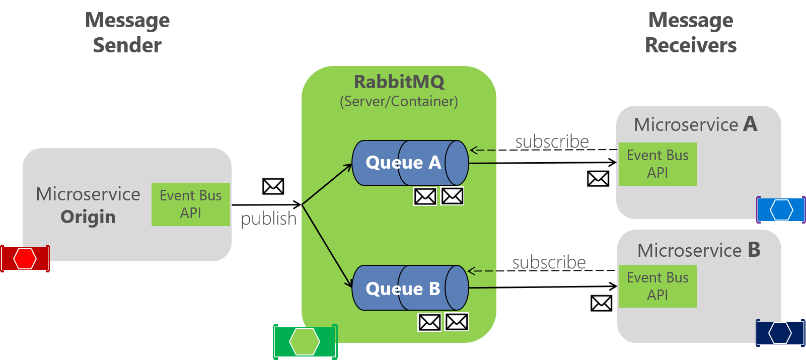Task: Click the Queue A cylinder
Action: coord(410,163)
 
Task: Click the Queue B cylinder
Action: coord(410,288)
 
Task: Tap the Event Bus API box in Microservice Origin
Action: coord(191,204)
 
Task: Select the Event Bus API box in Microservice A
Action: coord(657,164)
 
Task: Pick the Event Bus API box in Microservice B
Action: coord(657,286)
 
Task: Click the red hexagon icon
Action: coord(25,259)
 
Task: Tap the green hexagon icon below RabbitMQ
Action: coord(305,341)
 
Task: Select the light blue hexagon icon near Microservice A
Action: coord(781,209)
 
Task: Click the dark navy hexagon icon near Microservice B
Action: coord(780,333)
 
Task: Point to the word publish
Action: coord(268,219)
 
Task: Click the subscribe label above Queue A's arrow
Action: coord(552,141)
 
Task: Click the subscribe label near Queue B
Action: coord(549,262)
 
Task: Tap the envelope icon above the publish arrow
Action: coord(273,186)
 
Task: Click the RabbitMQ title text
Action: coord(399,82)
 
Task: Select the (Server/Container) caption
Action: coord(399,102)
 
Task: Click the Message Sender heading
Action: coord(127,33)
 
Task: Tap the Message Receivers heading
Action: coord(691,33)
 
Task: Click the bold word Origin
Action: coord(88,217)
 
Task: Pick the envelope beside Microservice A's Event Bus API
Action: coord(598,178)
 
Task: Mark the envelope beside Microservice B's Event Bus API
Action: coord(601,303)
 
